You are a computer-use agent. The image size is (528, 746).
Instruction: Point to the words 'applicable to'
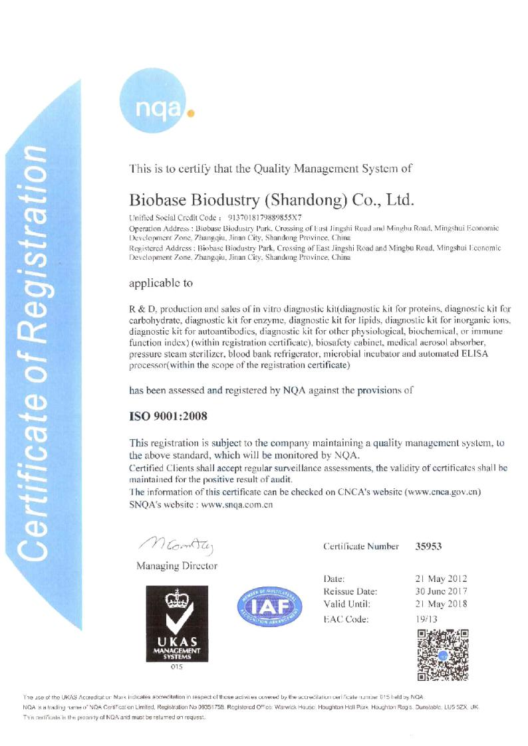pyautogui.click(x=161, y=283)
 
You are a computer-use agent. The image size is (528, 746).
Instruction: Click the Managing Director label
pyautogui.click(x=176, y=566)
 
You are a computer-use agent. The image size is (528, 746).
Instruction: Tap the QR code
pyautogui.click(x=444, y=654)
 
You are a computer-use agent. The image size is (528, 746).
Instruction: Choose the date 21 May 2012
pyautogui.click(x=441, y=579)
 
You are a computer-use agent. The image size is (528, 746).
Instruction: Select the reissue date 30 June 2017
pyautogui.click(x=441, y=591)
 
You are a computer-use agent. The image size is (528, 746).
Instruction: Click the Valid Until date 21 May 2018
pyautogui.click(x=441, y=604)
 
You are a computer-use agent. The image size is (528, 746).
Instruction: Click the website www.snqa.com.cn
pyautogui.click(x=237, y=504)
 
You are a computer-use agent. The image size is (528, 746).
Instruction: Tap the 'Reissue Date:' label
pyautogui.click(x=350, y=591)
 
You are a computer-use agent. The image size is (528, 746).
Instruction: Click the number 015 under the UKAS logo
pyautogui.click(x=176, y=667)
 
